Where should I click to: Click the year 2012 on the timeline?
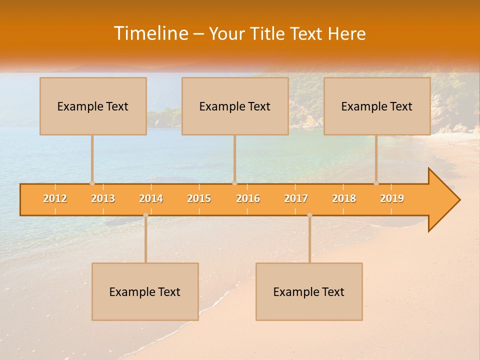tap(55, 198)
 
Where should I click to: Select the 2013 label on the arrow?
tap(103, 198)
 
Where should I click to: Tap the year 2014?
tap(151, 198)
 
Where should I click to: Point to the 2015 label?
tap(199, 198)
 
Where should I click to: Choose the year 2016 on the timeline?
tap(248, 198)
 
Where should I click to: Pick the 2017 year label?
tap(296, 198)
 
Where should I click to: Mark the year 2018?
tap(344, 198)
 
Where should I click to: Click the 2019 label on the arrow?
tap(392, 198)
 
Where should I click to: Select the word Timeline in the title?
tap(150, 33)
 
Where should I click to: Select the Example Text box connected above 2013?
tap(93, 106)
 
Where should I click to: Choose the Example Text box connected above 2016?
tap(235, 106)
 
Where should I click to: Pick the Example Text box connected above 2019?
tap(377, 106)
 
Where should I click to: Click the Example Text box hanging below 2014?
tap(145, 291)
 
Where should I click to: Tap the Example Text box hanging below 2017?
tap(309, 291)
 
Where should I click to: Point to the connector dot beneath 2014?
tap(145, 215)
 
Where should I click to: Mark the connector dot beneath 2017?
tap(309, 215)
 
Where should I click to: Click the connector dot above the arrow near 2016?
tap(234, 183)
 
